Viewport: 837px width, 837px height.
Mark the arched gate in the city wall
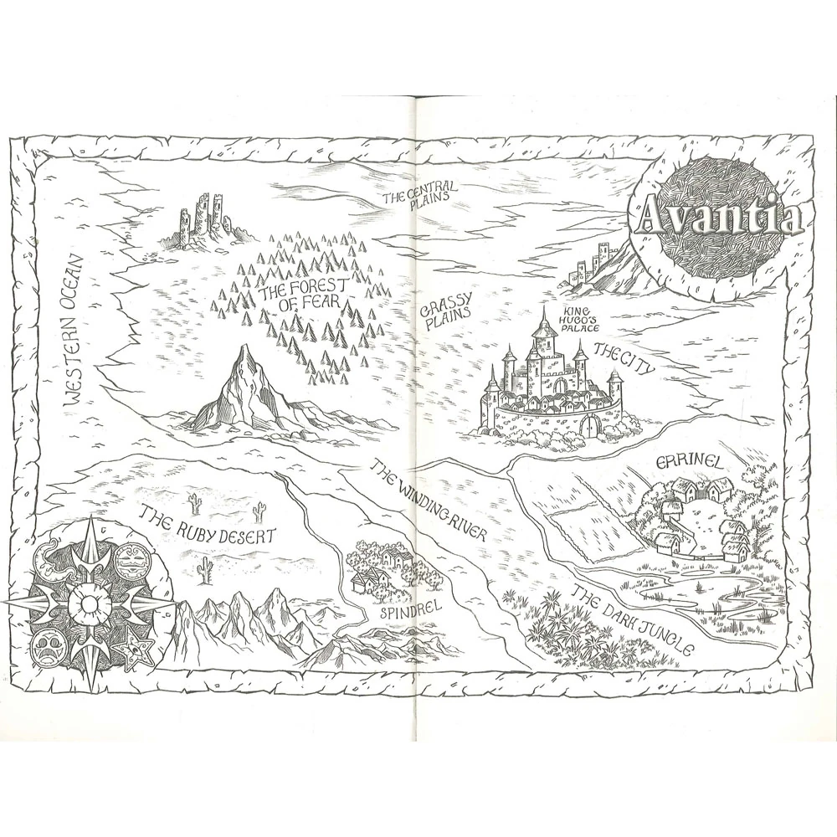click(593, 425)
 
